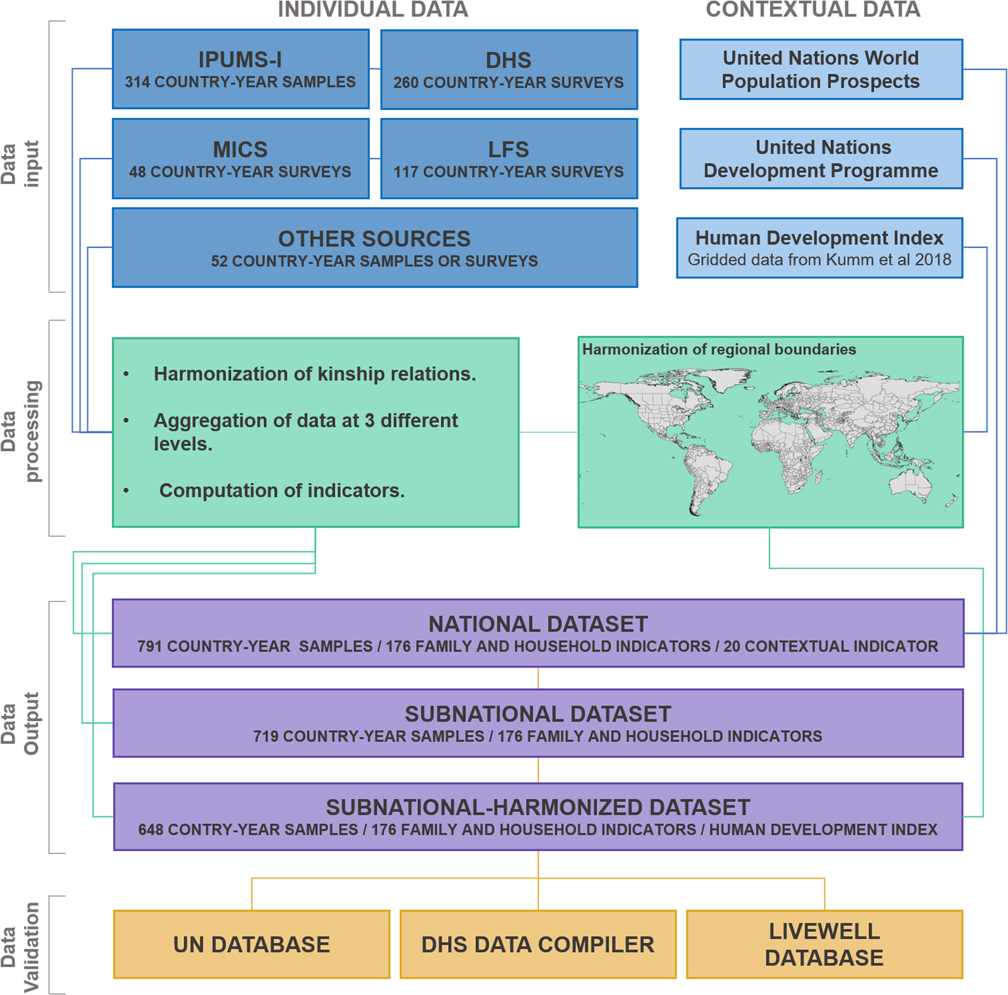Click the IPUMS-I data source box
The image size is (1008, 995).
[x=240, y=69]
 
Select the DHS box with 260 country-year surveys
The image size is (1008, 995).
[x=509, y=70]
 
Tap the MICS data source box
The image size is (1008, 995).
[x=240, y=159]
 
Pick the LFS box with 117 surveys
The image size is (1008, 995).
[x=509, y=159]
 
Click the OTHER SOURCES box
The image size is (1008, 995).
[x=375, y=248]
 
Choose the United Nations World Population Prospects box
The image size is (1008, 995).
[x=821, y=69]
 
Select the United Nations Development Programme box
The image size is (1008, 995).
[x=821, y=159]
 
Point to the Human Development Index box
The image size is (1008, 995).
[x=819, y=248]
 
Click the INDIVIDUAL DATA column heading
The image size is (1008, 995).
[x=373, y=10]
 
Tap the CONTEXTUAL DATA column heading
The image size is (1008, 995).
[x=813, y=10]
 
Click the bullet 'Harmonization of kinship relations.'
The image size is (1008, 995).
[x=315, y=374]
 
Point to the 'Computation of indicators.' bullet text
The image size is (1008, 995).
[x=282, y=491]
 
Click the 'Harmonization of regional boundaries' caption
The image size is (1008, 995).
[x=719, y=349]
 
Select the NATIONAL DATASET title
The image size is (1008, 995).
[x=538, y=624]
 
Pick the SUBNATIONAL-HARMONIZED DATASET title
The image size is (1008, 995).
[x=538, y=808]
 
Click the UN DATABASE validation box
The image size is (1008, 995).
[x=251, y=945]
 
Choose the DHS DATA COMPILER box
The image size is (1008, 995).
[x=538, y=945]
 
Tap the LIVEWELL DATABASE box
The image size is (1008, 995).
[x=824, y=945]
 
